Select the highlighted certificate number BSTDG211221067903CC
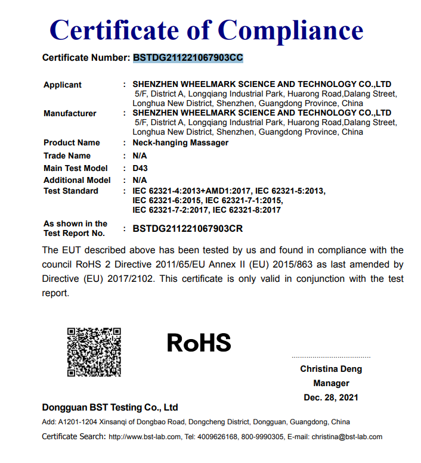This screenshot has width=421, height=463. [x=188, y=58]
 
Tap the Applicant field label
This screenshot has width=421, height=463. [x=63, y=85]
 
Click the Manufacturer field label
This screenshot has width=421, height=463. [x=70, y=113]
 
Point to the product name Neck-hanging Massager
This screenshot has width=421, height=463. [x=180, y=142]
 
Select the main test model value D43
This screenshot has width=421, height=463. [x=140, y=168]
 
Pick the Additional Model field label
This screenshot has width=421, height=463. [x=77, y=180]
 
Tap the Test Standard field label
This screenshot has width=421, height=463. [x=71, y=191]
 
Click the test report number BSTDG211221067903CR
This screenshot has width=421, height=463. [x=187, y=228]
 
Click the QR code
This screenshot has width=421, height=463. [x=94, y=352]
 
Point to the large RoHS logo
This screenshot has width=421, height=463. [x=199, y=343]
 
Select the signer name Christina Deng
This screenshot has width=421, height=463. [x=331, y=369]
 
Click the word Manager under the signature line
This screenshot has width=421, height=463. [x=331, y=383]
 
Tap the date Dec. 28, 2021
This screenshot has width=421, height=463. [x=331, y=397]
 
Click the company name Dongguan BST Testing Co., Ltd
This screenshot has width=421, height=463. [x=110, y=408]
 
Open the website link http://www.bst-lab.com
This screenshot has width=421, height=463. [x=144, y=437]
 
